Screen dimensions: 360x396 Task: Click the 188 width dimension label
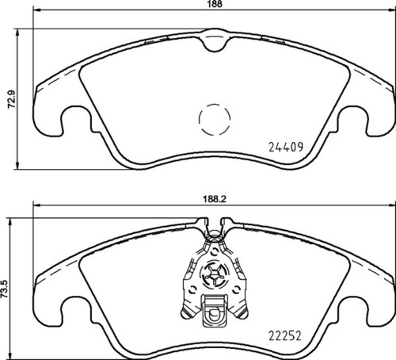pyautogui.click(x=215, y=4)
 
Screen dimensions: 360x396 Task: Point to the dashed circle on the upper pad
pyautogui.click(x=212, y=120)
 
